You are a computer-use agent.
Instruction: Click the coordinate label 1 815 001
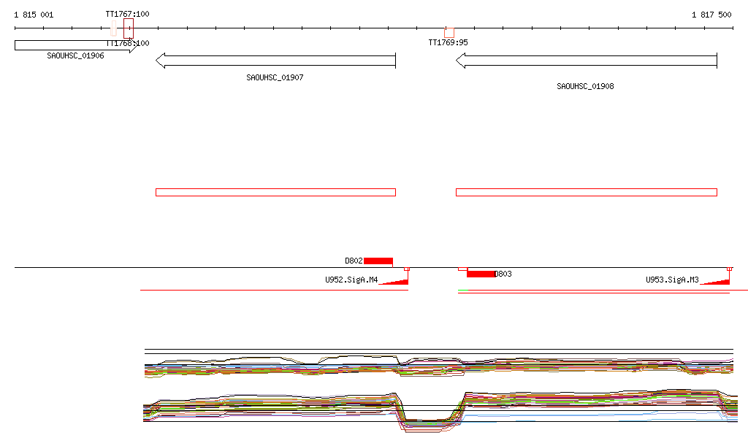34,15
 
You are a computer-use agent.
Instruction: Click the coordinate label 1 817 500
711,15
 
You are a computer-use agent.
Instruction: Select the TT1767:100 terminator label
127,14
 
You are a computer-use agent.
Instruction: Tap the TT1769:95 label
448,42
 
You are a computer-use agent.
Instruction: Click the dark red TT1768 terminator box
129,28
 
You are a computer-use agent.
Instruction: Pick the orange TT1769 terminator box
449,33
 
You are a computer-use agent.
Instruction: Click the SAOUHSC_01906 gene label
75,55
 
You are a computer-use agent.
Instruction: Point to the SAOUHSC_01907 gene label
275,77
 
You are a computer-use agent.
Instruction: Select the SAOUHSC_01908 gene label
585,86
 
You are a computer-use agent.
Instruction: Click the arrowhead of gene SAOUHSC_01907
160,61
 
